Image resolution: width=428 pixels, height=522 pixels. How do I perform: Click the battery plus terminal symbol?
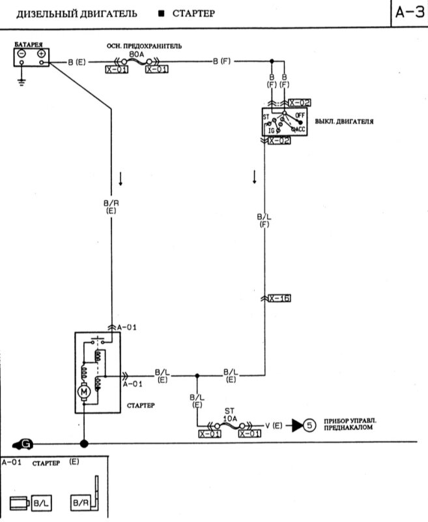coord(42,54)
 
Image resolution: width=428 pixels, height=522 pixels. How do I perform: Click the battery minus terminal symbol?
coord(21,54)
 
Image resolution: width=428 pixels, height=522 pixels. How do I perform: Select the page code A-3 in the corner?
coord(408,13)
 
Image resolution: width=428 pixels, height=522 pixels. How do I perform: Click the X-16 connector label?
coord(280,298)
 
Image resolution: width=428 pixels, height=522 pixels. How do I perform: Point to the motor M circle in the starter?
coord(83,392)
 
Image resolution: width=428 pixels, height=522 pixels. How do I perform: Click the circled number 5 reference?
coord(309,425)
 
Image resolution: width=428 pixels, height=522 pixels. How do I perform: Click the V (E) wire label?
coord(274,425)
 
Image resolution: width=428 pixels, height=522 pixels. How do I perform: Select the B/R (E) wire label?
coord(111,207)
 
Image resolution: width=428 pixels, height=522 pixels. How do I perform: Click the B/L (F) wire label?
coord(264,220)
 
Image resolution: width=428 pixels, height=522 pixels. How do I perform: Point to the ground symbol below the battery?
coord(21,82)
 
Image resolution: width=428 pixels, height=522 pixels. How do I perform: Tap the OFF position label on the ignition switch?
coord(299,115)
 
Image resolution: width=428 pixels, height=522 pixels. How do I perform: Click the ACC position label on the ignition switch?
coord(299,129)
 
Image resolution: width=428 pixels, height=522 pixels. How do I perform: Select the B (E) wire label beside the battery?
coord(76,63)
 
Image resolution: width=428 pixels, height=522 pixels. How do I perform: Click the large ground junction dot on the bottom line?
coord(83,444)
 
